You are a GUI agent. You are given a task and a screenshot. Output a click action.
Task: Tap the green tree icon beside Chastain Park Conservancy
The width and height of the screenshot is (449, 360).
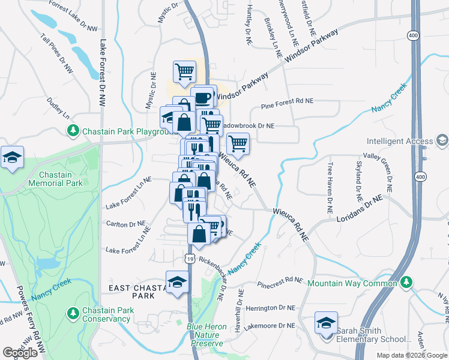point(73,313)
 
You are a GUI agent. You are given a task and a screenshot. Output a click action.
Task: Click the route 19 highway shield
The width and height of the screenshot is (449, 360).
point(189,258)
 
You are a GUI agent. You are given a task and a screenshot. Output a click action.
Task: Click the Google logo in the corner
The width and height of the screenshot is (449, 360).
point(20,353)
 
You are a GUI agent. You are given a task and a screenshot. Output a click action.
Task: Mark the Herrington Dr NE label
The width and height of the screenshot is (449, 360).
point(270,307)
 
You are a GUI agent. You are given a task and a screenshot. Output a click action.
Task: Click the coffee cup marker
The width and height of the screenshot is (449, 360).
point(203,98)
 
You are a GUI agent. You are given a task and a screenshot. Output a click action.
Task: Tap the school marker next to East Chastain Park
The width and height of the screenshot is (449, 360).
point(177,282)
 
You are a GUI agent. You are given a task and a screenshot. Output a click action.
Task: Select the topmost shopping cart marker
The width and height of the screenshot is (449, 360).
point(184,72)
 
